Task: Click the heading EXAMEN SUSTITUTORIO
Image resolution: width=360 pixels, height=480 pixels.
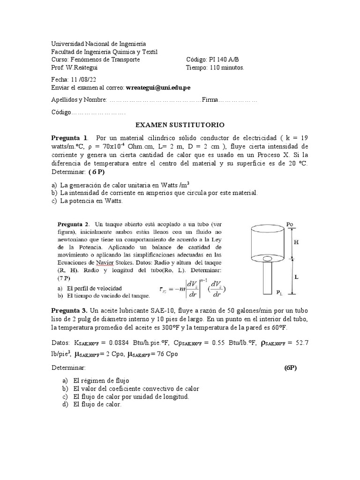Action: [x=180, y=125]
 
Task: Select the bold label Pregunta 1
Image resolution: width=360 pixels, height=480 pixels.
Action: [x=69, y=138]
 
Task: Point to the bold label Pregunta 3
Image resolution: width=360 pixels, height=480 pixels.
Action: [x=69, y=311]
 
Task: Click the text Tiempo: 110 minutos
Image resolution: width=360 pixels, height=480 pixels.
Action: [x=215, y=67]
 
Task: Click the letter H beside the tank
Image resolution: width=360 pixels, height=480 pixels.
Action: [x=296, y=242]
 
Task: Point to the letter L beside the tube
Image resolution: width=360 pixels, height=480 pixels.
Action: [x=296, y=277]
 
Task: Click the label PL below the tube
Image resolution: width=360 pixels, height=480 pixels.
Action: [x=279, y=293]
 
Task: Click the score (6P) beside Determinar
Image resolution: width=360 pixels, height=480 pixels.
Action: [x=291, y=368]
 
